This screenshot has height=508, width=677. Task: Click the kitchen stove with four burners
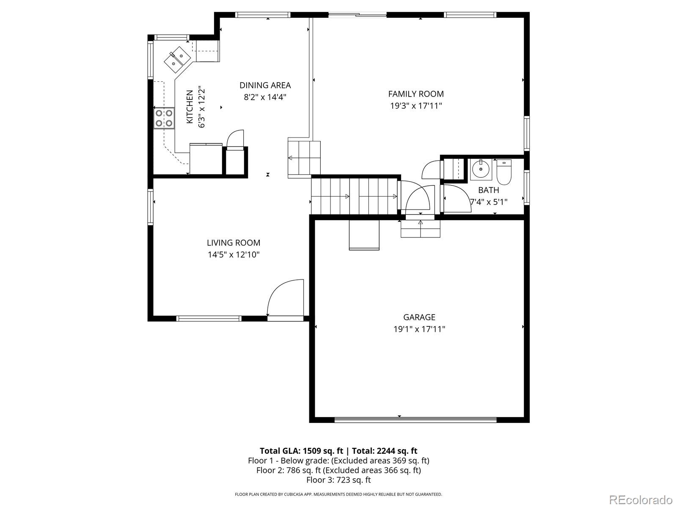pos(164,118)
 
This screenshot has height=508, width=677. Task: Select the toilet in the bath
pos(504,172)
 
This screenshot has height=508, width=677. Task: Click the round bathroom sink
pos(481,169)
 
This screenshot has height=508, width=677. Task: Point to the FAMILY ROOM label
pos(416,94)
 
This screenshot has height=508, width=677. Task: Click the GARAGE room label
pos(419,317)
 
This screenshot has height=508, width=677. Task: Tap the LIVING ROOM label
pos(234,243)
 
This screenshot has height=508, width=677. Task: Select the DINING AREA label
pos(265,85)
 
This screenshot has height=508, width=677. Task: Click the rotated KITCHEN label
pos(190,107)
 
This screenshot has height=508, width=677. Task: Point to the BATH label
pos(489,190)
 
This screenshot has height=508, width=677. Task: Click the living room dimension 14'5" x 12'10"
pos(234,255)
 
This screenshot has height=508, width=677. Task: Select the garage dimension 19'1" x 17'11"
pos(419,329)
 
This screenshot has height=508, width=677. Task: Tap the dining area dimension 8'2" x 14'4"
pos(265,97)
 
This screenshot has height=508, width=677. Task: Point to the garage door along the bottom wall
pos(416,420)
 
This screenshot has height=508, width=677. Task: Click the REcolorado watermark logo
pos(641,500)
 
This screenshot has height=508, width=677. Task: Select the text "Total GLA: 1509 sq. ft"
pos(301,451)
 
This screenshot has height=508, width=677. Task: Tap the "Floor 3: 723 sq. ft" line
pos(338,480)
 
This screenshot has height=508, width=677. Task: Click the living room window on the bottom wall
pos(209,319)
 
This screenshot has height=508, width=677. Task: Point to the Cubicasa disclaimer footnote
pos(338,494)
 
